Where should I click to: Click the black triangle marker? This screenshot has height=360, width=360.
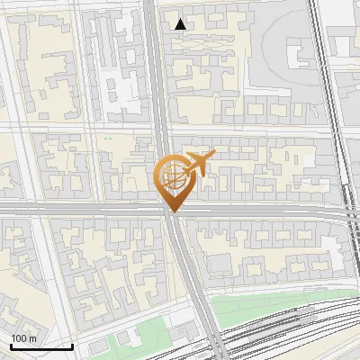pyautogui.click(x=181, y=24)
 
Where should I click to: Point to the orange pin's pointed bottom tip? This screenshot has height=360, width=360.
pyautogui.click(x=171, y=212)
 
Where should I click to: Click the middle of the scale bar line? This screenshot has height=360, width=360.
pyautogui.click(x=41, y=346)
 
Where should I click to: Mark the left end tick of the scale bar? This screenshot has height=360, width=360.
pyautogui.click(x=11, y=346)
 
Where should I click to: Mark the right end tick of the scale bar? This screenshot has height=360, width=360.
pyautogui.click(x=72, y=346)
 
